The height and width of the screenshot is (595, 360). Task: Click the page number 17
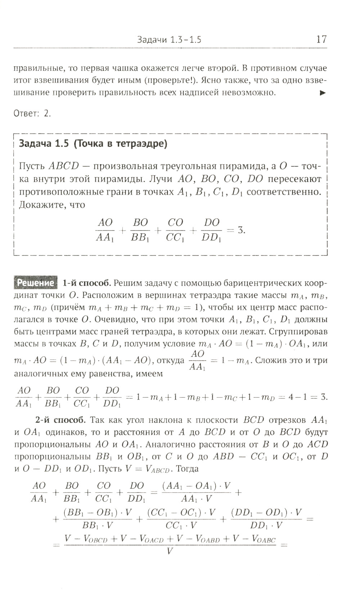[321, 39]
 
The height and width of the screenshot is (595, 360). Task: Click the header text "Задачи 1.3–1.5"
[169, 40]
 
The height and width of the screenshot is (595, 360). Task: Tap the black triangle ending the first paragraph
[323, 93]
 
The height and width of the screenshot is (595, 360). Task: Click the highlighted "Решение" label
[36, 283]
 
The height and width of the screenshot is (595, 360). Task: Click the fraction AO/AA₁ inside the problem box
[105, 230]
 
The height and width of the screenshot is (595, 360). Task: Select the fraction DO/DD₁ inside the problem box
[211, 230]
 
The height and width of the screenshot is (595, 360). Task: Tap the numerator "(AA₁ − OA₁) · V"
[196, 486]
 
